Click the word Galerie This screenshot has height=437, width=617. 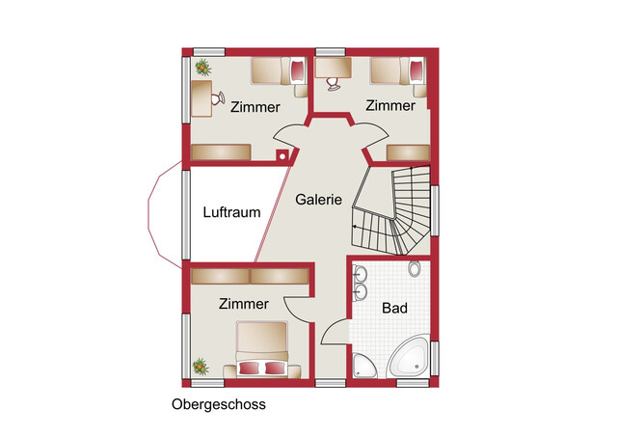(x=319, y=201)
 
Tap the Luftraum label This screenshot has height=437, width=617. (x=231, y=212)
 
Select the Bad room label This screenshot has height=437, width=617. (x=393, y=309)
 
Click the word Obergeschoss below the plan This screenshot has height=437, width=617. (x=218, y=404)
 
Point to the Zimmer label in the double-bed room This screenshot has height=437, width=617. (x=243, y=304)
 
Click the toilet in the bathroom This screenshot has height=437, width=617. (x=415, y=268)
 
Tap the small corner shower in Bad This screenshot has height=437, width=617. (x=363, y=365)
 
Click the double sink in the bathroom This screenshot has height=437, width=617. (x=361, y=282)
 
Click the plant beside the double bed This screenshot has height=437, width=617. (x=201, y=367)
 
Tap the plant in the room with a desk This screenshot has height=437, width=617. (x=202, y=67)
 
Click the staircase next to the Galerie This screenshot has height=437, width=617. (x=390, y=212)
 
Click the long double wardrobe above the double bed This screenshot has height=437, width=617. (x=249, y=276)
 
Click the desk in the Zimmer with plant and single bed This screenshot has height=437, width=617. (x=201, y=97)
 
